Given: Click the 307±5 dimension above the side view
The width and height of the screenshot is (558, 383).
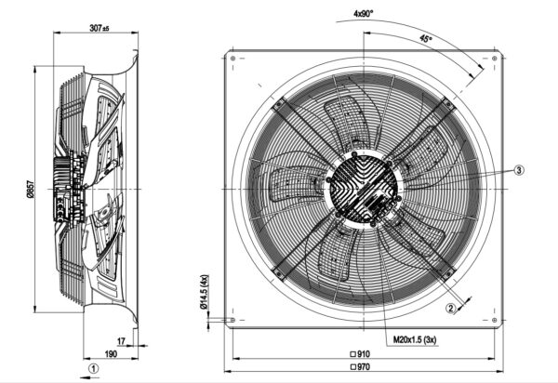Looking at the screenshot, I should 97,27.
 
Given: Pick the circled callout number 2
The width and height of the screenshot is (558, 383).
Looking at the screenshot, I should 448,309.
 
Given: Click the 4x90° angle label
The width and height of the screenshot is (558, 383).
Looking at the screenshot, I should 365,13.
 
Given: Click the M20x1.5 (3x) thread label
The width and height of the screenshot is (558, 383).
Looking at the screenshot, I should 406,340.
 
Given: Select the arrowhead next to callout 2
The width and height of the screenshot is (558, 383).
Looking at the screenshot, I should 465,297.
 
